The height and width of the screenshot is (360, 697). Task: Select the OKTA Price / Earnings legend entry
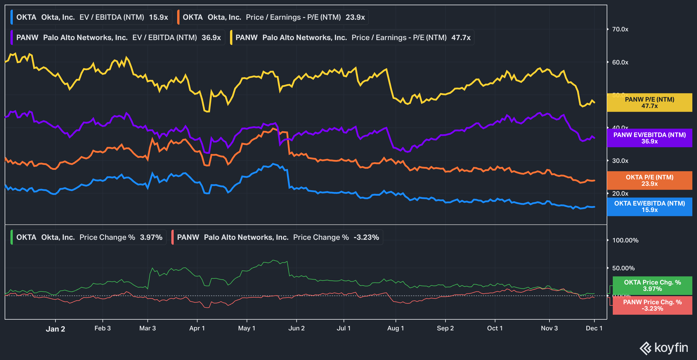273,17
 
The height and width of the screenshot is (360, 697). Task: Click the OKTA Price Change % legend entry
89,237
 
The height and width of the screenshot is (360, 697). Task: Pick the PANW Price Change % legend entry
278,237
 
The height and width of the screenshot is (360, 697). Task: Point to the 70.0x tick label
620,29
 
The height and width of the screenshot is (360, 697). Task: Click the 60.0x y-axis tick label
620,62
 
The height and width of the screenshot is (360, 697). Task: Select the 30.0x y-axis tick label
620,161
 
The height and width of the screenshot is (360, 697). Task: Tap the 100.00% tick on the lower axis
625,240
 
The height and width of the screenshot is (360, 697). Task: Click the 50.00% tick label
623,268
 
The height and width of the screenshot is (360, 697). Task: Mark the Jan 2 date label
55,329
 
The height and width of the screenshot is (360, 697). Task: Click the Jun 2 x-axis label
296,328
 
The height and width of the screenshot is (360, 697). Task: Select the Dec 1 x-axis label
594,328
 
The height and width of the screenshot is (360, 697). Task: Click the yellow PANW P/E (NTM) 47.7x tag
649,102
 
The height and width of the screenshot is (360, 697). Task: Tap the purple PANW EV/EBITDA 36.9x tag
649,138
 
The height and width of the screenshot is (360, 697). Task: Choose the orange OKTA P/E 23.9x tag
649,180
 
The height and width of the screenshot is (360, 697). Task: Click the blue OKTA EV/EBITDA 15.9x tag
649,206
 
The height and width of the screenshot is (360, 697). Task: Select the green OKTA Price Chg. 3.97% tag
652,285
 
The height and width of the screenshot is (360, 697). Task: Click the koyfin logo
664,348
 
